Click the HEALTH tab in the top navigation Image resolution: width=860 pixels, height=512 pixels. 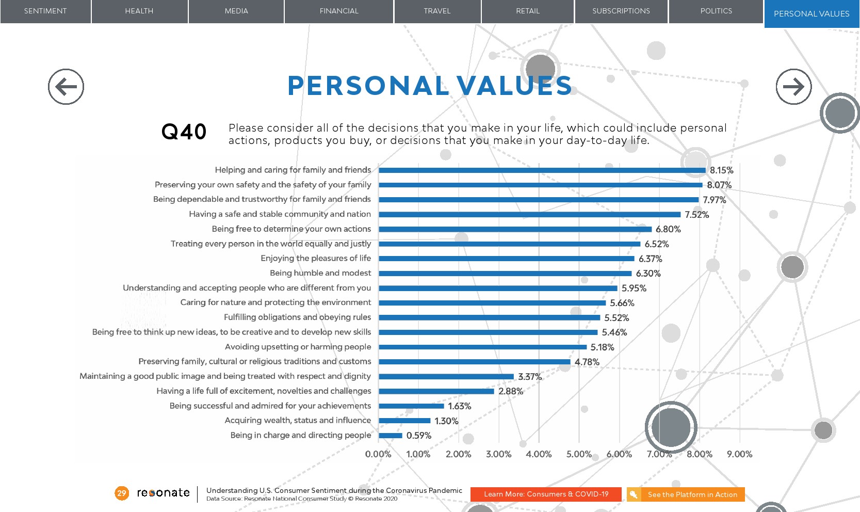tap(139, 11)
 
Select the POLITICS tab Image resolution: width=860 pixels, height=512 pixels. tap(716, 11)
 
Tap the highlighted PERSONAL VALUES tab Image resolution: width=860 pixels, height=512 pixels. tap(812, 14)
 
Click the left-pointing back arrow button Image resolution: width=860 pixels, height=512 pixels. tap(66, 87)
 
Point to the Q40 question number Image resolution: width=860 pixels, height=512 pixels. tap(184, 132)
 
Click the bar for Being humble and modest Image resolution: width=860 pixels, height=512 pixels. tap(505, 274)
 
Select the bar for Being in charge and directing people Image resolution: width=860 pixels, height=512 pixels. tap(391, 436)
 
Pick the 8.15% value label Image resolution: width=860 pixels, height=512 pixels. tap(721, 170)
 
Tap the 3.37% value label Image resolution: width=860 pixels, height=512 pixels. tap(530, 377)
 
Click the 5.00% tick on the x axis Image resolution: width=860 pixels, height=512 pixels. tap(579, 454)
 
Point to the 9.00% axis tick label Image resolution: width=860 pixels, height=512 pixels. tap(739, 454)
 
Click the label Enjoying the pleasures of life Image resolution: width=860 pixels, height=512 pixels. tap(316, 258)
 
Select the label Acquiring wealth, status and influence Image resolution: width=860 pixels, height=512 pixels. tap(298, 421)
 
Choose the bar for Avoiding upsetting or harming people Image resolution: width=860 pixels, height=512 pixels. tap(483, 347)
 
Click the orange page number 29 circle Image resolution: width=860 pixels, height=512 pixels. tap(122, 493)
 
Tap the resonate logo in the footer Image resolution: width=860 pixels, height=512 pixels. tap(163, 493)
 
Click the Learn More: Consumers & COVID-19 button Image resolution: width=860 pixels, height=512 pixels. tap(546, 494)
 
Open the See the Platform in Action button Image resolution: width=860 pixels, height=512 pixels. tap(686, 494)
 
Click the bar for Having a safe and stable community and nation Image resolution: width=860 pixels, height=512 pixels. tap(530, 214)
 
